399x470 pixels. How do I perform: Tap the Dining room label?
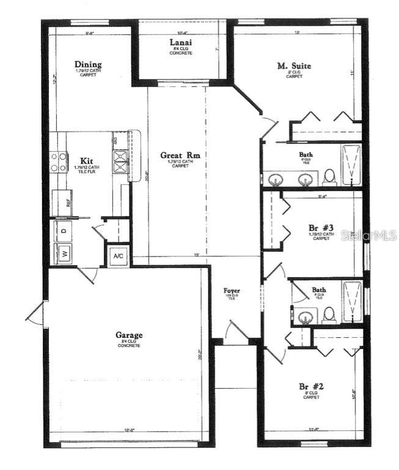pyautogui.click(x=88, y=64)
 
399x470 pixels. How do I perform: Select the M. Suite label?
pyautogui.click(x=294, y=66)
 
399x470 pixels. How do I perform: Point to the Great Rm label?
pyautogui.click(x=180, y=155)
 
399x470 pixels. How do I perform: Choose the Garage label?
pyautogui.click(x=129, y=335)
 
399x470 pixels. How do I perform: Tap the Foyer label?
pyautogui.click(x=232, y=290)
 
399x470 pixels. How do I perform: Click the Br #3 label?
pyautogui.click(x=320, y=228)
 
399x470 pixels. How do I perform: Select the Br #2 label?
pyautogui.click(x=311, y=387)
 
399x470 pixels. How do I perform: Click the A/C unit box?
pyautogui.click(x=119, y=256)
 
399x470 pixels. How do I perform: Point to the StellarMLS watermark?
pyautogui.click(x=368, y=235)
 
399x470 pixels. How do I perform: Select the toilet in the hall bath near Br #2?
pyautogui.click(x=329, y=315)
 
